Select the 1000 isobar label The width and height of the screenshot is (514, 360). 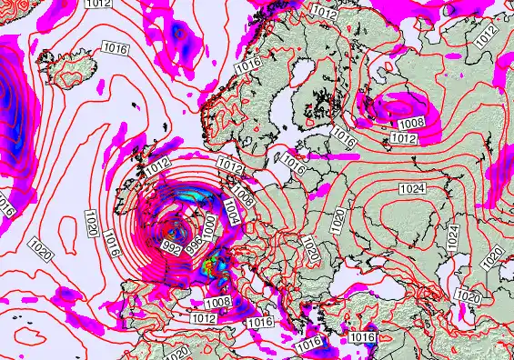208,228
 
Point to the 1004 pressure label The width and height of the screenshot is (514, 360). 232,215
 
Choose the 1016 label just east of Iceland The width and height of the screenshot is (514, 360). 116,49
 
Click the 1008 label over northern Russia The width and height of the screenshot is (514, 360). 411,122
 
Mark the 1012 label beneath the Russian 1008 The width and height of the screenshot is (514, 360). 404,138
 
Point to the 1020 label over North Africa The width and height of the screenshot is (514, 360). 177,351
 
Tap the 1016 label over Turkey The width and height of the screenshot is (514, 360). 362,337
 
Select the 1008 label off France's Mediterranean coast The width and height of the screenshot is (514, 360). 217,303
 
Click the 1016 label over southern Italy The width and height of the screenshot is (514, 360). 310,342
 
